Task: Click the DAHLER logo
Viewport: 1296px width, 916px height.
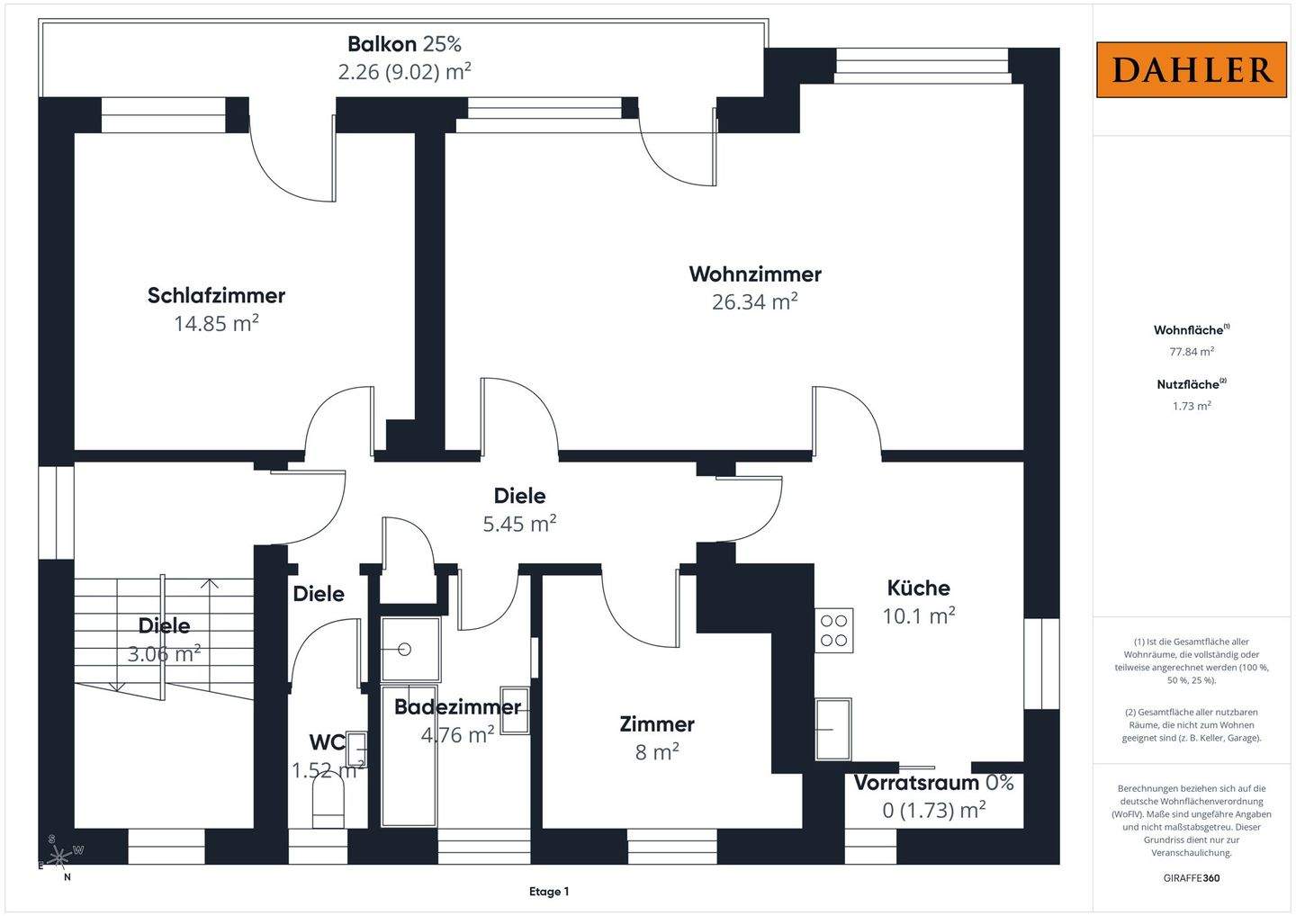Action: [x=1192, y=69]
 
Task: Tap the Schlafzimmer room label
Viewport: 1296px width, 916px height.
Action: [x=216, y=295]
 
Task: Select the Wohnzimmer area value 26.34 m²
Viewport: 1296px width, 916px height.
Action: [x=754, y=301]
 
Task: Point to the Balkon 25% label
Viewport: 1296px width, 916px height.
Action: [x=404, y=44]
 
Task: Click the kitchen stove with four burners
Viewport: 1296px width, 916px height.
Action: [x=833, y=631]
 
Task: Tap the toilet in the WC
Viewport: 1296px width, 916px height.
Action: [x=328, y=801]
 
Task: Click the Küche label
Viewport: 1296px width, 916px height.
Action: [x=918, y=588]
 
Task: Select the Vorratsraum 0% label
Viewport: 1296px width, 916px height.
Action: [x=934, y=783]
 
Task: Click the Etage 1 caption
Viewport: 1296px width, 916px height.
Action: [x=549, y=892]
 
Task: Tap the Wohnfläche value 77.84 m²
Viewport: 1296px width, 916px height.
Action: [x=1192, y=351]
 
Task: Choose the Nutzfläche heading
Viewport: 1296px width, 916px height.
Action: [x=1192, y=384]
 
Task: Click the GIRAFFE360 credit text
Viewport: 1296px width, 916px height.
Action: [x=1192, y=878]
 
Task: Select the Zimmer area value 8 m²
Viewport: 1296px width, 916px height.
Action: [x=657, y=751]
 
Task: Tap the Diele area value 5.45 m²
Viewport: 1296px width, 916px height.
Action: [x=519, y=524]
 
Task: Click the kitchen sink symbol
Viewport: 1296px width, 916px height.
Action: [x=833, y=729]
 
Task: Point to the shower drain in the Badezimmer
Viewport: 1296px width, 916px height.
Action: [x=405, y=650]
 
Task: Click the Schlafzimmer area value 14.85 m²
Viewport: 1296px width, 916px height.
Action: [x=216, y=323]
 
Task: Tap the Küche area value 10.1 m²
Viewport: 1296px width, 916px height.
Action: [x=918, y=615]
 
